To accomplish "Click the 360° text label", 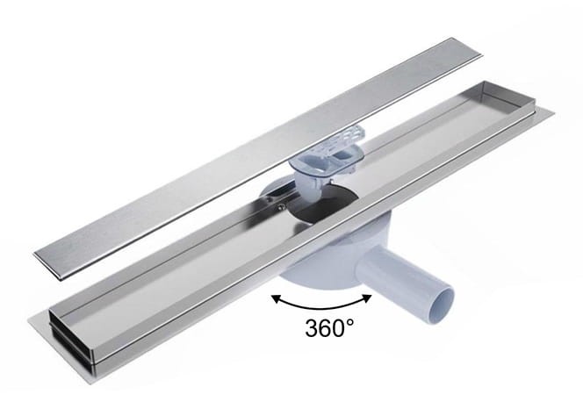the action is click(x=329, y=327).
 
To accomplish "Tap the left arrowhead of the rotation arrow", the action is click(x=276, y=298).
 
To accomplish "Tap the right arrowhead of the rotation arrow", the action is click(x=367, y=298).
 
